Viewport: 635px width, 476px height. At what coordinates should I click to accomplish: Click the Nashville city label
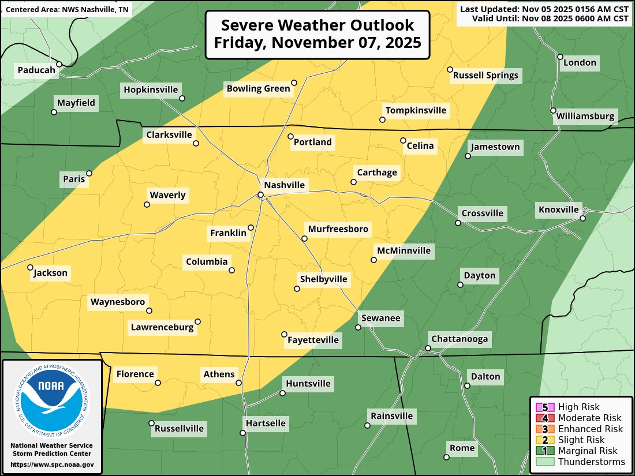tap(284, 185)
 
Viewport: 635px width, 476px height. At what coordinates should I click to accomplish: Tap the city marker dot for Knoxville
tap(582, 218)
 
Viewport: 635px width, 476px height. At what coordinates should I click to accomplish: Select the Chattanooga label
tap(460, 339)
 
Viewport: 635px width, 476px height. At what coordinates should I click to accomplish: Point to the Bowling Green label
tap(257, 88)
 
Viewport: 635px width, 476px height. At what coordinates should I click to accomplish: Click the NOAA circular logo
tap(53, 398)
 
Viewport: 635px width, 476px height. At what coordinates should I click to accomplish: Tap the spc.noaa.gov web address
tap(52, 464)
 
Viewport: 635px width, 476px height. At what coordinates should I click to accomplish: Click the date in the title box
tap(317, 42)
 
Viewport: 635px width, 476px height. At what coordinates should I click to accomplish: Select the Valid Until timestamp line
tap(550, 18)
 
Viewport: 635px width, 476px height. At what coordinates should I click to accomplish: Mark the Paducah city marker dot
tap(59, 64)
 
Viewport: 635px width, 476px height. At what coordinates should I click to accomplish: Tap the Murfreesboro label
tap(338, 229)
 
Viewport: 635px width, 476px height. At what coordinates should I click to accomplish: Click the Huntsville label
tap(308, 383)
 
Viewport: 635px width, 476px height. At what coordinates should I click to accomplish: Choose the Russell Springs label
tap(485, 75)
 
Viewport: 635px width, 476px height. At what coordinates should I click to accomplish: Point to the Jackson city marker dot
tap(30, 267)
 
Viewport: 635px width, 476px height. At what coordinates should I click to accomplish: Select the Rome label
tap(462, 448)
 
